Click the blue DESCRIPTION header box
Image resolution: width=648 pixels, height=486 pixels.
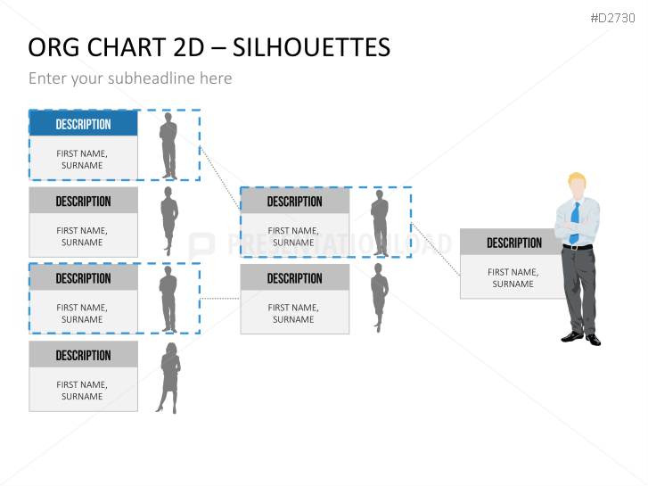(x=84, y=124)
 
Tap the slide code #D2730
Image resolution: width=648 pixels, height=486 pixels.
(x=612, y=18)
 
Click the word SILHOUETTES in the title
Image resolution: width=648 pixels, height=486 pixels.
(x=311, y=47)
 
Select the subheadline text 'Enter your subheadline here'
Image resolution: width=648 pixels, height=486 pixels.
(x=130, y=78)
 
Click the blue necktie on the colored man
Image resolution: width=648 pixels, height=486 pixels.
(x=574, y=223)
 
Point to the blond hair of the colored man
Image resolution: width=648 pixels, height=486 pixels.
(x=577, y=179)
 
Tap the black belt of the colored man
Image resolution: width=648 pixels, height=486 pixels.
(x=578, y=247)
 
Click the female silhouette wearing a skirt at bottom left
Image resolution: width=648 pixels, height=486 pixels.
(x=168, y=378)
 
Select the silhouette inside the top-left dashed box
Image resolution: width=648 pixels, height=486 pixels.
(x=168, y=146)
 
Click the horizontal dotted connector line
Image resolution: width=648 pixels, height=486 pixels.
(x=219, y=298)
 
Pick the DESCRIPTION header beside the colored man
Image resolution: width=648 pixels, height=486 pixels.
(x=514, y=243)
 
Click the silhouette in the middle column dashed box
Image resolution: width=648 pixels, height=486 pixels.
(x=380, y=223)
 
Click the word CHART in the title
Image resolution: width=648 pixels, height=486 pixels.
(x=127, y=47)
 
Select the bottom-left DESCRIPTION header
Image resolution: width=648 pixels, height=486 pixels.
(x=84, y=355)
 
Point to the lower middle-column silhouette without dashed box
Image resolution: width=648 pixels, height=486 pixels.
(x=379, y=298)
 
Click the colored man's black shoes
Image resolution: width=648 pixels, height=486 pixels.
(x=581, y=338)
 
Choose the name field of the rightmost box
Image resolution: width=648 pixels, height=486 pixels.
(x=513, y=276)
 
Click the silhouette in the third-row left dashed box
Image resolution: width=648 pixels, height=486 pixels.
(x=168, y=299)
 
